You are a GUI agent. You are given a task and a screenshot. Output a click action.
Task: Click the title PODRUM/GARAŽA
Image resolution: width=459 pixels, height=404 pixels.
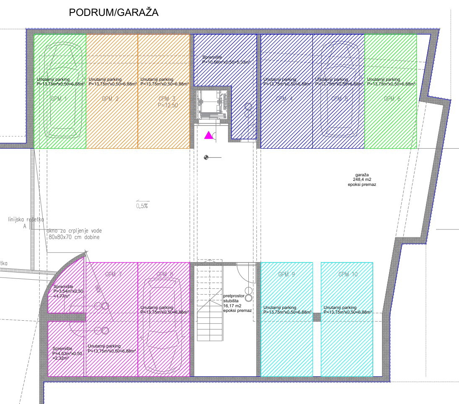pyautogui.click(x=113, y=13)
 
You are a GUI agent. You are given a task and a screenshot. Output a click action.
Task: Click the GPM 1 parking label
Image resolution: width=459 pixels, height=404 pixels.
pyautogui.click(x=59, y=99)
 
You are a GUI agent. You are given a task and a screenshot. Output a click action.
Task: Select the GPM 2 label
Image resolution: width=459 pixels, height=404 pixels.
pyautogui.click(x=111, y=99)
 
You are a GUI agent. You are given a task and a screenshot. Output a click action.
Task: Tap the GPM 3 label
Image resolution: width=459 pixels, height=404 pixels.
pyautogui.click(x=164, y=99)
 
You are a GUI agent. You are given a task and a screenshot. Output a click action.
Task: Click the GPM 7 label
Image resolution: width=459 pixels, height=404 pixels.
pyautogui.click(x=113, y=275)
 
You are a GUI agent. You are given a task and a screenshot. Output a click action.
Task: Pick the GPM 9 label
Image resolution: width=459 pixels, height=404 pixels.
pyautogui.click(x=286, y=275)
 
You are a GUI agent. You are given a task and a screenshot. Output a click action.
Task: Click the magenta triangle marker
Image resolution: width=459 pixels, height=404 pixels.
pyautogui.click(x=208, y=135)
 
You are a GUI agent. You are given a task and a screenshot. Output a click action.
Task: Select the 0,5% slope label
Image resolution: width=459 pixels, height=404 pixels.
pyautogui.click(x=142, y=206)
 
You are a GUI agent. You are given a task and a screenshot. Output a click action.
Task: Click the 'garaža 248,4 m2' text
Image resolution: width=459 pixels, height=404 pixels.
pyautogui.click(x=361, y=179)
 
